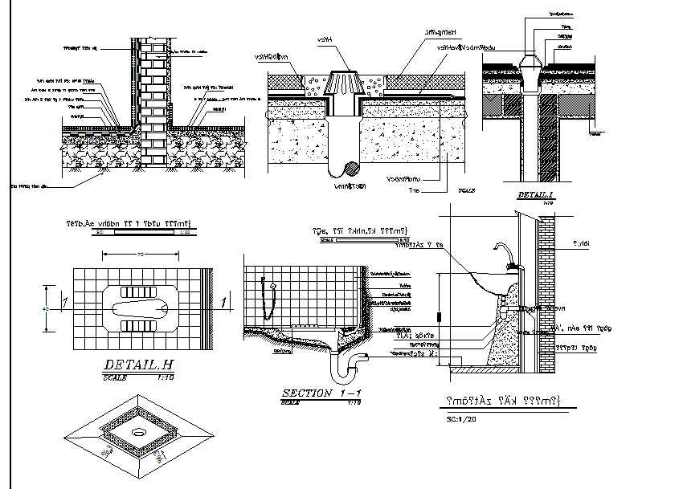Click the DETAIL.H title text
tap(138, 365)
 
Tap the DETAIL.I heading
tap(536, 195)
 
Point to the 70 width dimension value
tap(139, 254)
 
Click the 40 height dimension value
tap(46, 308)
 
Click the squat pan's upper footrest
tap(139, 289)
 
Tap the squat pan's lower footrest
tap(139, 326)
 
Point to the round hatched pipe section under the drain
tap(350, 169)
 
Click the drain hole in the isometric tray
tap(139, 431)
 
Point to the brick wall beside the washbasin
tap(545, 297)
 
